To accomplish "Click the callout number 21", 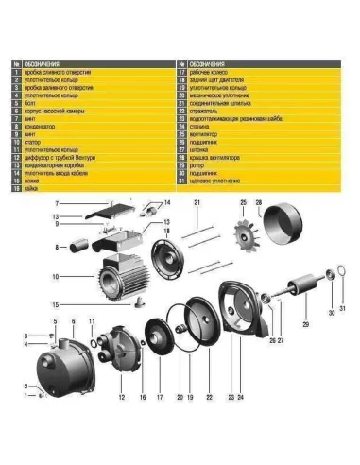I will click(x=197, y=203).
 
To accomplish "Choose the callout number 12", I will click(x=122, y=398).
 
